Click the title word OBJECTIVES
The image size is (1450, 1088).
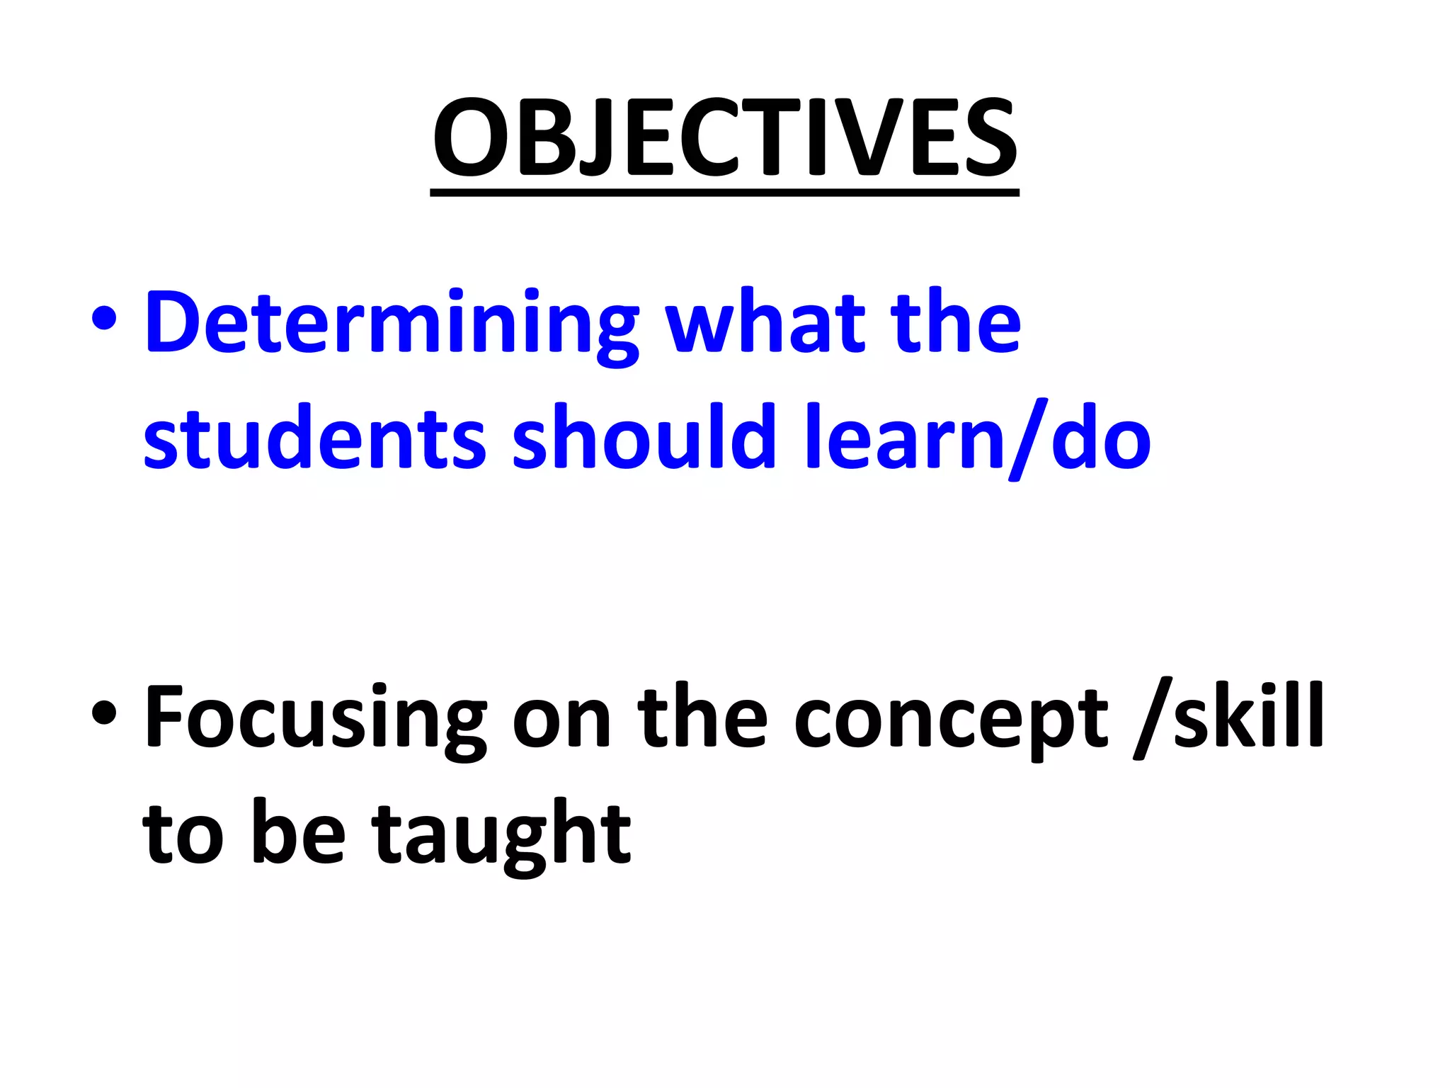pos(724,138)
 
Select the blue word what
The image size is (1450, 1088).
pos(765,322)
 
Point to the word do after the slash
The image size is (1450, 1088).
pos(1101,439)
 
